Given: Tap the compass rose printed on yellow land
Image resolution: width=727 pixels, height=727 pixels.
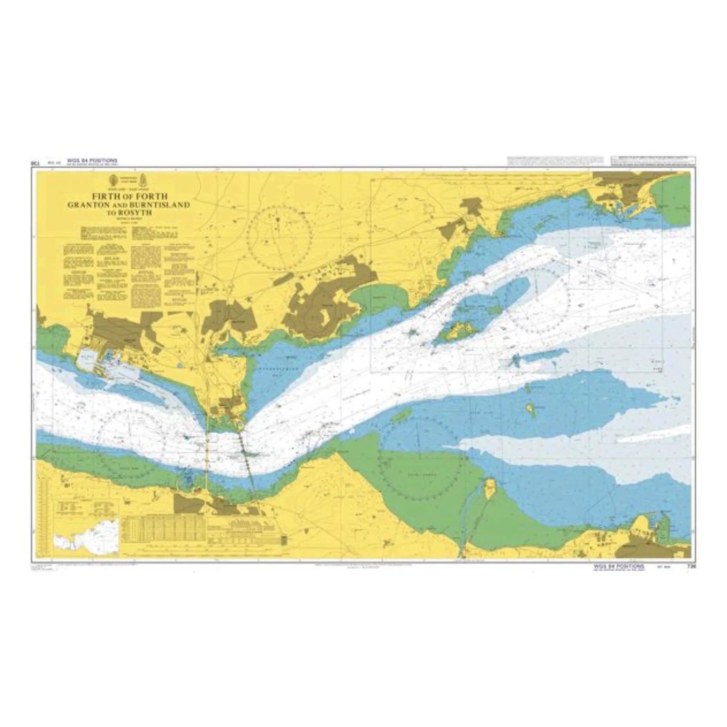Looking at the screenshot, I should [280, 237].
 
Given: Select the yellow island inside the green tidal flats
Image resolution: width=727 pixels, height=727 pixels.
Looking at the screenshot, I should [490, 488].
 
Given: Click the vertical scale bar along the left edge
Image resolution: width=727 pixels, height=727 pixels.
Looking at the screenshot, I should [46, 521].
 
